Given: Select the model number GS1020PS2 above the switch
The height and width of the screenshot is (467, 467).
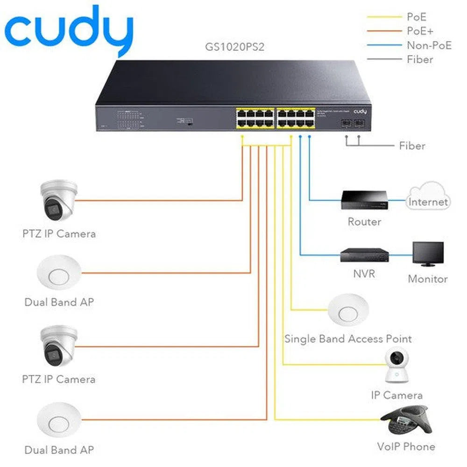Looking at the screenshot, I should click(235, 47).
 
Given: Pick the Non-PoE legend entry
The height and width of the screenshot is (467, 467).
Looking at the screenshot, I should click(429, 45).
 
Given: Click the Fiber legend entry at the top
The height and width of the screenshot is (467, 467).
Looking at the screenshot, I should click(420, 59).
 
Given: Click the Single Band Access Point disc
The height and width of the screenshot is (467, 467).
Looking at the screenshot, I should click(348, 309).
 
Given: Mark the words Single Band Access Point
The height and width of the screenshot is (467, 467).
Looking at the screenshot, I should click(348, 339).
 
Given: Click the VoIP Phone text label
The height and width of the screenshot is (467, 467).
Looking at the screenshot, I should click(406, 446).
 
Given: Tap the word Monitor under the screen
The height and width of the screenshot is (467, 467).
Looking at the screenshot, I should click(428, 279).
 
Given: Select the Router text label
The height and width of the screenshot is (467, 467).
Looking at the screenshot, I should click(364, 222).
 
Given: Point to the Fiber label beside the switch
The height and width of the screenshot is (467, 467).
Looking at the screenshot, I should click(412, 146).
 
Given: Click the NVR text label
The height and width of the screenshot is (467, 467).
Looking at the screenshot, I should click(364, 273).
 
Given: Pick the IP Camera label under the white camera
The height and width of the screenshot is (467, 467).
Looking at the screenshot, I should click(396, 395).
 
